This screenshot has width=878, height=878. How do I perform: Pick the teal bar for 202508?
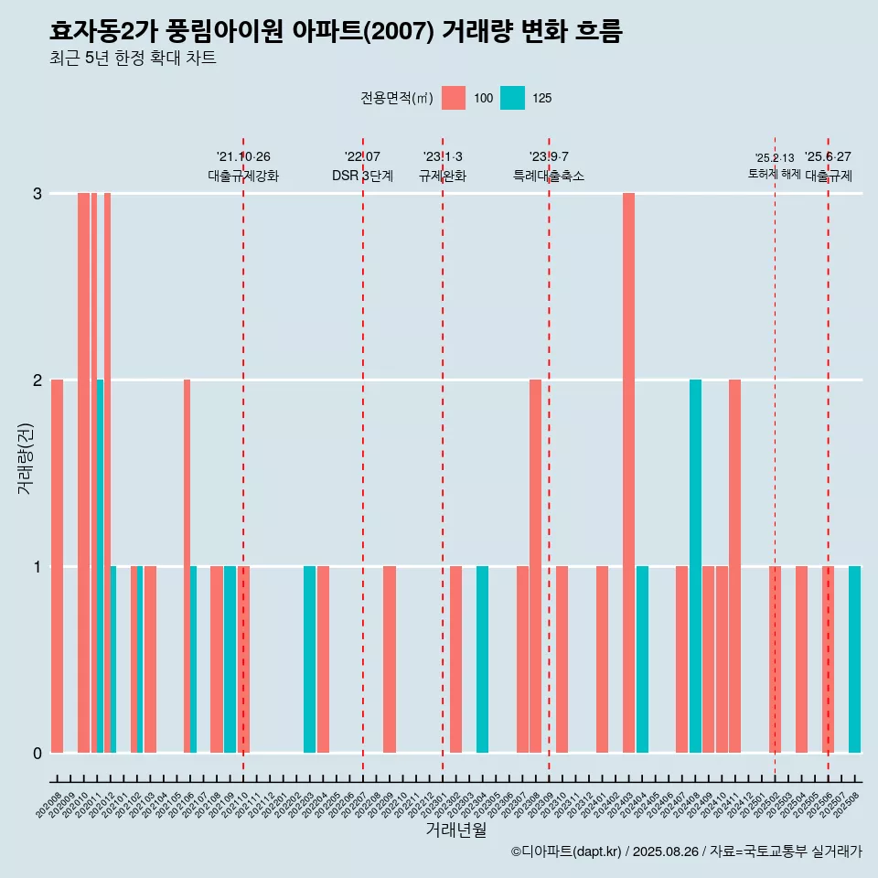click(x=854, y=659)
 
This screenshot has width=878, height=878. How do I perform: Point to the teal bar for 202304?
click(x=482, y=659)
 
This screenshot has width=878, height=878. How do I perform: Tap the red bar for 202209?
click(x=390, y=659)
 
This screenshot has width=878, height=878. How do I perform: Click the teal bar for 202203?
click(x=309, y=659)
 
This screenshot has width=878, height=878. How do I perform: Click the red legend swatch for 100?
click(x=454, y=98)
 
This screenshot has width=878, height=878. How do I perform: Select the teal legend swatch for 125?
click(x=512, y=98)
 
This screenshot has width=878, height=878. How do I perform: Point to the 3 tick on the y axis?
click(x=37, y=194)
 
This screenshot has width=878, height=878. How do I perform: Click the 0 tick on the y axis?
click(x=37, y=753)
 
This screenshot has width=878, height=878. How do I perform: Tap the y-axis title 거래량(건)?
click(x=26, y=457)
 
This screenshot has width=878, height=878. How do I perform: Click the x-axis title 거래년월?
click(x=455, y=830)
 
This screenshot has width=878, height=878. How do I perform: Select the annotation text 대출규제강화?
click(x=243, y=176)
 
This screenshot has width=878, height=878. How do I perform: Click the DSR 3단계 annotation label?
click(x=362, y=176)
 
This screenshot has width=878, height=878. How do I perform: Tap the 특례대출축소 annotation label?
click(x=549, y=176)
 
